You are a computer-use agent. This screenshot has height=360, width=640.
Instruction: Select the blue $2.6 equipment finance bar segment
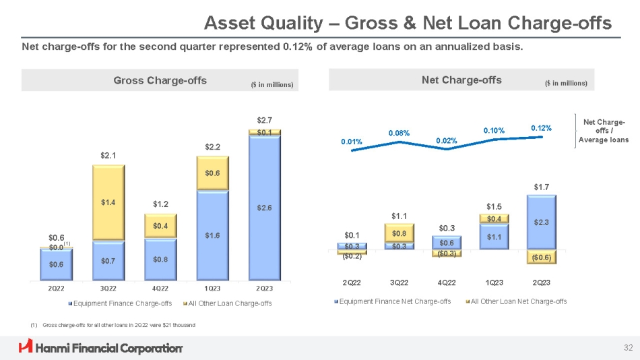pos(264,208)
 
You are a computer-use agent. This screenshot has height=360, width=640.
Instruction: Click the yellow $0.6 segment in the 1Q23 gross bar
pos(213,173)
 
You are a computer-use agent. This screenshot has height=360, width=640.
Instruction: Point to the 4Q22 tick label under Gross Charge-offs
pos(160,289)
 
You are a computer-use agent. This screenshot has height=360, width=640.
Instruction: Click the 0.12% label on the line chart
pos(541,127)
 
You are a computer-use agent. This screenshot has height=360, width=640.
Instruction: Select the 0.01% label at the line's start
pos(352,142)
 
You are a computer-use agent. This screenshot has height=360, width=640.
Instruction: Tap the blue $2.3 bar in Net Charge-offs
pos(542,222)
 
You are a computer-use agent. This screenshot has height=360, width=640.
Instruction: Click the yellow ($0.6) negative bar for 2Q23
pos(542,257)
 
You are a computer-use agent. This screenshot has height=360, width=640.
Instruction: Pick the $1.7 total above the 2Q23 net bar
pos(542,186)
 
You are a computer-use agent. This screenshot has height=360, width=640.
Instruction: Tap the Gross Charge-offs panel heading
pos(160,81)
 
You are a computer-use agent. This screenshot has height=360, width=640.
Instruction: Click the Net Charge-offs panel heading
pos(461,80)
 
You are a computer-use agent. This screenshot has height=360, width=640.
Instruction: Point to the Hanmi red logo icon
pos(26,347)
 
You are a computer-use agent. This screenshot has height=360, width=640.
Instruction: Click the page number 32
pos(628,348)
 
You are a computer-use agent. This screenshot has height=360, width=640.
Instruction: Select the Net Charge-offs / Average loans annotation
pos(604,131)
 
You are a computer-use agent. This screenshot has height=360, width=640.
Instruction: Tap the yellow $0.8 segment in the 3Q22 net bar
pos(399,233)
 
